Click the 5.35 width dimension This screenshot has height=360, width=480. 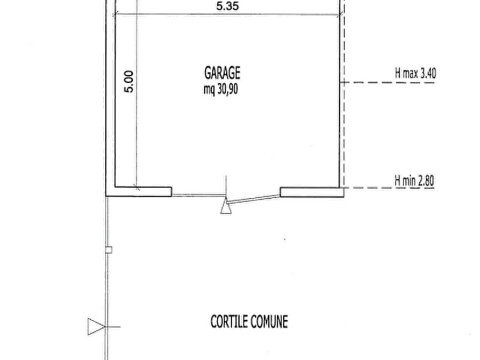(x=227, y=6)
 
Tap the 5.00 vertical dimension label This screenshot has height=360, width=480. (x=129, y=82)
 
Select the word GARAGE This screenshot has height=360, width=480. (x=222, y=73)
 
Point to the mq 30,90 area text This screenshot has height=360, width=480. (x=221, y=89)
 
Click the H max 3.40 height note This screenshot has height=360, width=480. (x=415, y=74)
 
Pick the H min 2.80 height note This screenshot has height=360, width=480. (x=414, y=181)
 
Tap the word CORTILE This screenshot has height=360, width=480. (x=229, y=322)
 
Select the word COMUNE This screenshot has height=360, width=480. (x=269, y=322)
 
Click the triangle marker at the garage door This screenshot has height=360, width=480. (x=226, y=206)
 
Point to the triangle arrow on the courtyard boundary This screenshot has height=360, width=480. (x=96, y=327)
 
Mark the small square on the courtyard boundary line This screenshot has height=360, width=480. (x=109, y=250)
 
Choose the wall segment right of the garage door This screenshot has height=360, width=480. (x=312, y=192)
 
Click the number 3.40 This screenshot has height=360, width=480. (x=428, y=74)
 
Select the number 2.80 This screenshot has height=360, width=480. (x=426, y=181)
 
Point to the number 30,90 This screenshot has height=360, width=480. (x=228, y=89)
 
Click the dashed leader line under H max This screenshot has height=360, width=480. (x=388, y=82)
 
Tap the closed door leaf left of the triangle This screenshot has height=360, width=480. (x=199, y=195)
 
